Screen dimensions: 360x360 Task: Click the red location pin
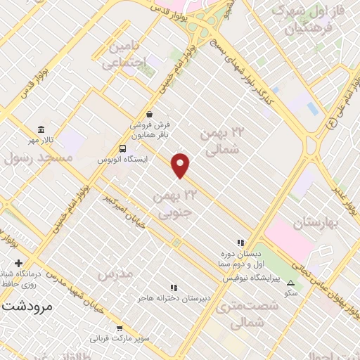tap(181, 165)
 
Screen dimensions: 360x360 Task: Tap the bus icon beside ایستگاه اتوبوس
tap(124, 148)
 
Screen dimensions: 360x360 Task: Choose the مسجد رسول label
tap(40, 160)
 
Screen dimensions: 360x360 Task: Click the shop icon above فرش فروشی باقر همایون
tap(149, 113)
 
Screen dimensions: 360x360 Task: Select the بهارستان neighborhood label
tap(317, 222)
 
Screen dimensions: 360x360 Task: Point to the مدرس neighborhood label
tap(116, 274)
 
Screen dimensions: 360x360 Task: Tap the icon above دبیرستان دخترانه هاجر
tap(173, 287)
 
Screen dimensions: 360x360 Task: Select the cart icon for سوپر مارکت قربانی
tap(120, 327)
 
